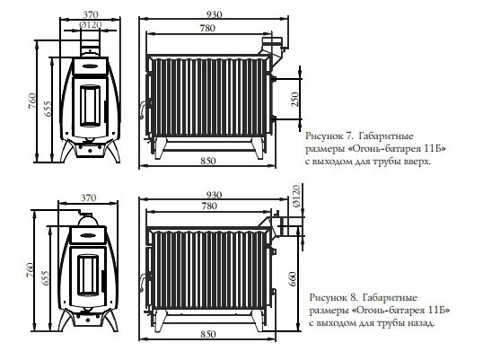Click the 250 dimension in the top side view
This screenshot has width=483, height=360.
[x=294, y=99]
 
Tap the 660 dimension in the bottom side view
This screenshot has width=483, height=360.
[x=293, y=279]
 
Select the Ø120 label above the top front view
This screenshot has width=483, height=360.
[x=91, y=24]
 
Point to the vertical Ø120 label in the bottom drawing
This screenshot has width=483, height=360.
[x=295, y=196]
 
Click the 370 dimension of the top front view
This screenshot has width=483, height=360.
[x=91, y=14]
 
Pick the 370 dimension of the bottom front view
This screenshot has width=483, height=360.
[x=88, y=198]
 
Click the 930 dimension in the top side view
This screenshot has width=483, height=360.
[x=214, y=14]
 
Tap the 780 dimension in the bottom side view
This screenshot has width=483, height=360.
[x=209, y=206]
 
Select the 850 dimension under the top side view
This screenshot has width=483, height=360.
[x=208, y=161]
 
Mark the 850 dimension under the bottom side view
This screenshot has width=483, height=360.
[x=208, y=334]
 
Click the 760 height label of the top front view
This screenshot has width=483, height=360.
[x=32, y=101]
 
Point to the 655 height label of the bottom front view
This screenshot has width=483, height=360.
[x=45, y=278]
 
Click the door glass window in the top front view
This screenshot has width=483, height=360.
[x=91, y=106]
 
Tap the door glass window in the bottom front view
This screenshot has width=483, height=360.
[x=88, y=276]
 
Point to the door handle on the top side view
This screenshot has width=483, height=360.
[x=143, y=110]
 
